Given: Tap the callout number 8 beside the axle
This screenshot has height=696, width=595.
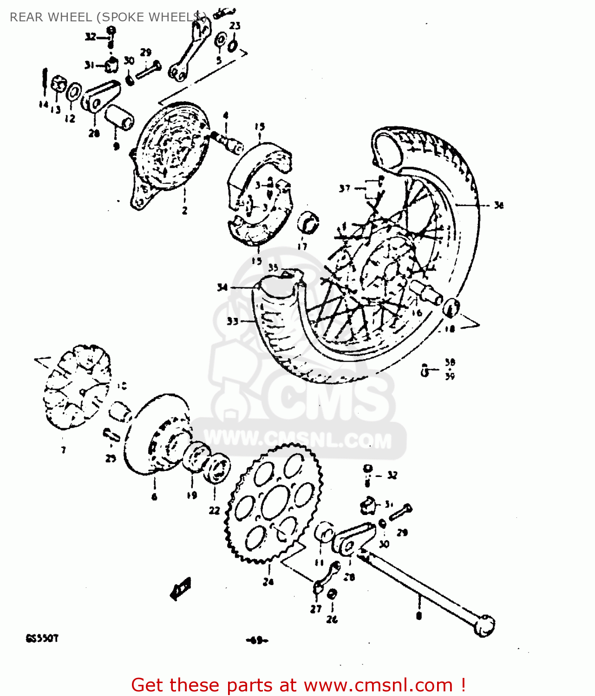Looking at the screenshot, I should (x=419, y=616).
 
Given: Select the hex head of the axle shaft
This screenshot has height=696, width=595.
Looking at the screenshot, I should (x=484, y=625).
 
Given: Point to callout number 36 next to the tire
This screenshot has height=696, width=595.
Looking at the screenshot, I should (x=498, y=205).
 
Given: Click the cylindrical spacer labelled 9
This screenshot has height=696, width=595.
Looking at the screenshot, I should (x=119, y=118).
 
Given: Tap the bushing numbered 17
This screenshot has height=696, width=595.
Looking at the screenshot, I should (x=308, y=222).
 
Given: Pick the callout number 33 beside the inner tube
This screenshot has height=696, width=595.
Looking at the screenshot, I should (x=232, y=321).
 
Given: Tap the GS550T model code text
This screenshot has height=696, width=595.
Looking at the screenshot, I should (x=42, y=638).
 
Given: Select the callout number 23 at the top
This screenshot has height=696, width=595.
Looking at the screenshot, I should (x=235, y=26).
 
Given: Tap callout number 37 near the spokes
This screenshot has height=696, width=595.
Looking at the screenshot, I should (x=344, y=188).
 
